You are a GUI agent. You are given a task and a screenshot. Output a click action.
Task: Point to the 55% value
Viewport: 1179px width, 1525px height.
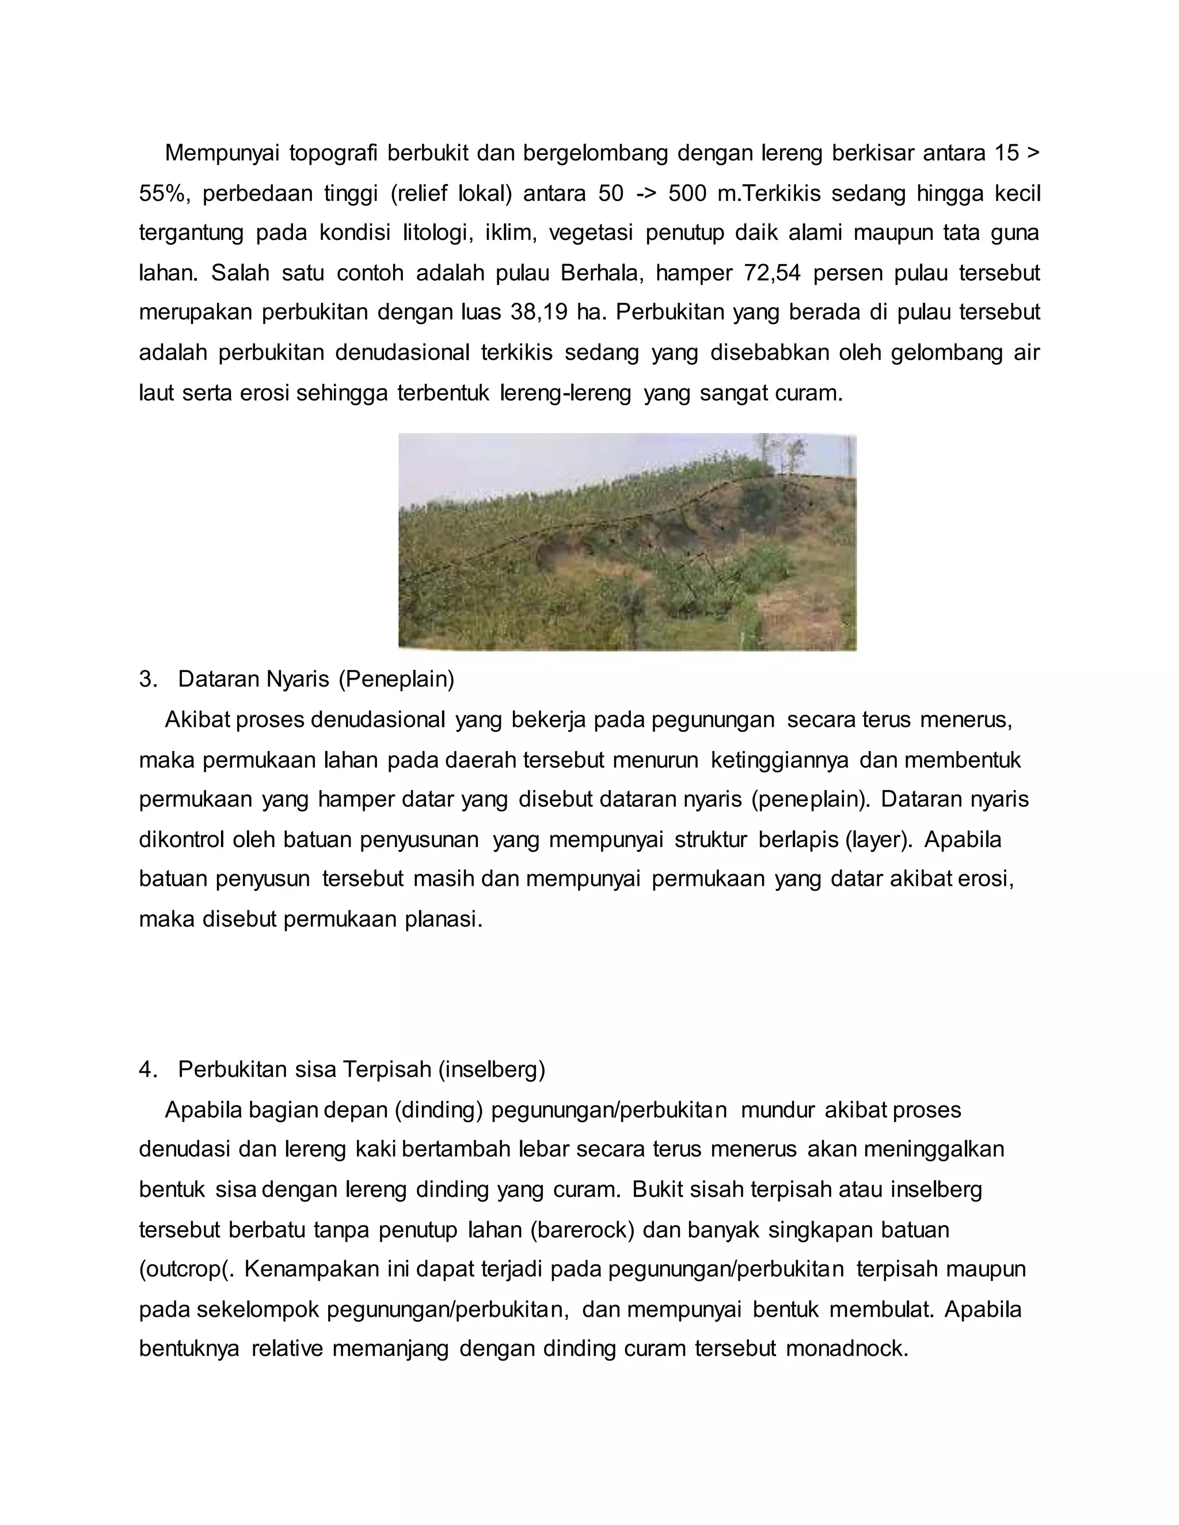[163, 193]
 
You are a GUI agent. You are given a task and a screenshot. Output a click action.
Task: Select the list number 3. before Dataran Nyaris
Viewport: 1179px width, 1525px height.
[147, 678]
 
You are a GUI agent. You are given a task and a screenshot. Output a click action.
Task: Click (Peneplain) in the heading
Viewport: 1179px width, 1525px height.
[396, 678]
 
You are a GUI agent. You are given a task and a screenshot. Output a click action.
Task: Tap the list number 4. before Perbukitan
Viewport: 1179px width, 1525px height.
[147, 1070]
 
